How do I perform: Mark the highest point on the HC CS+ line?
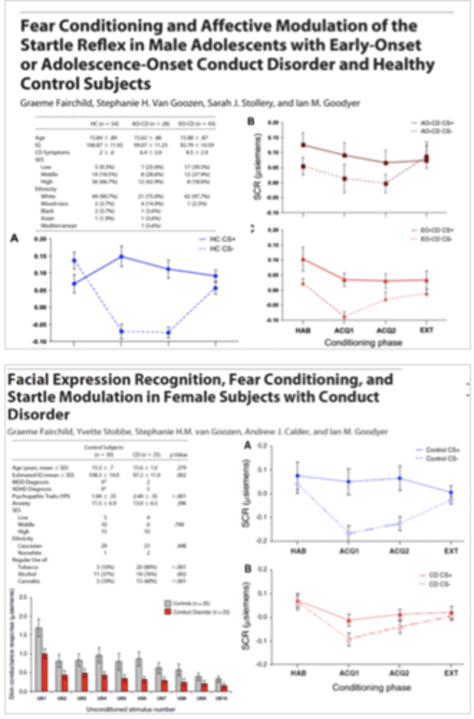121,256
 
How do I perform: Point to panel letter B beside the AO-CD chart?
251,122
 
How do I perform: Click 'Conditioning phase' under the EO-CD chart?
355,343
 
